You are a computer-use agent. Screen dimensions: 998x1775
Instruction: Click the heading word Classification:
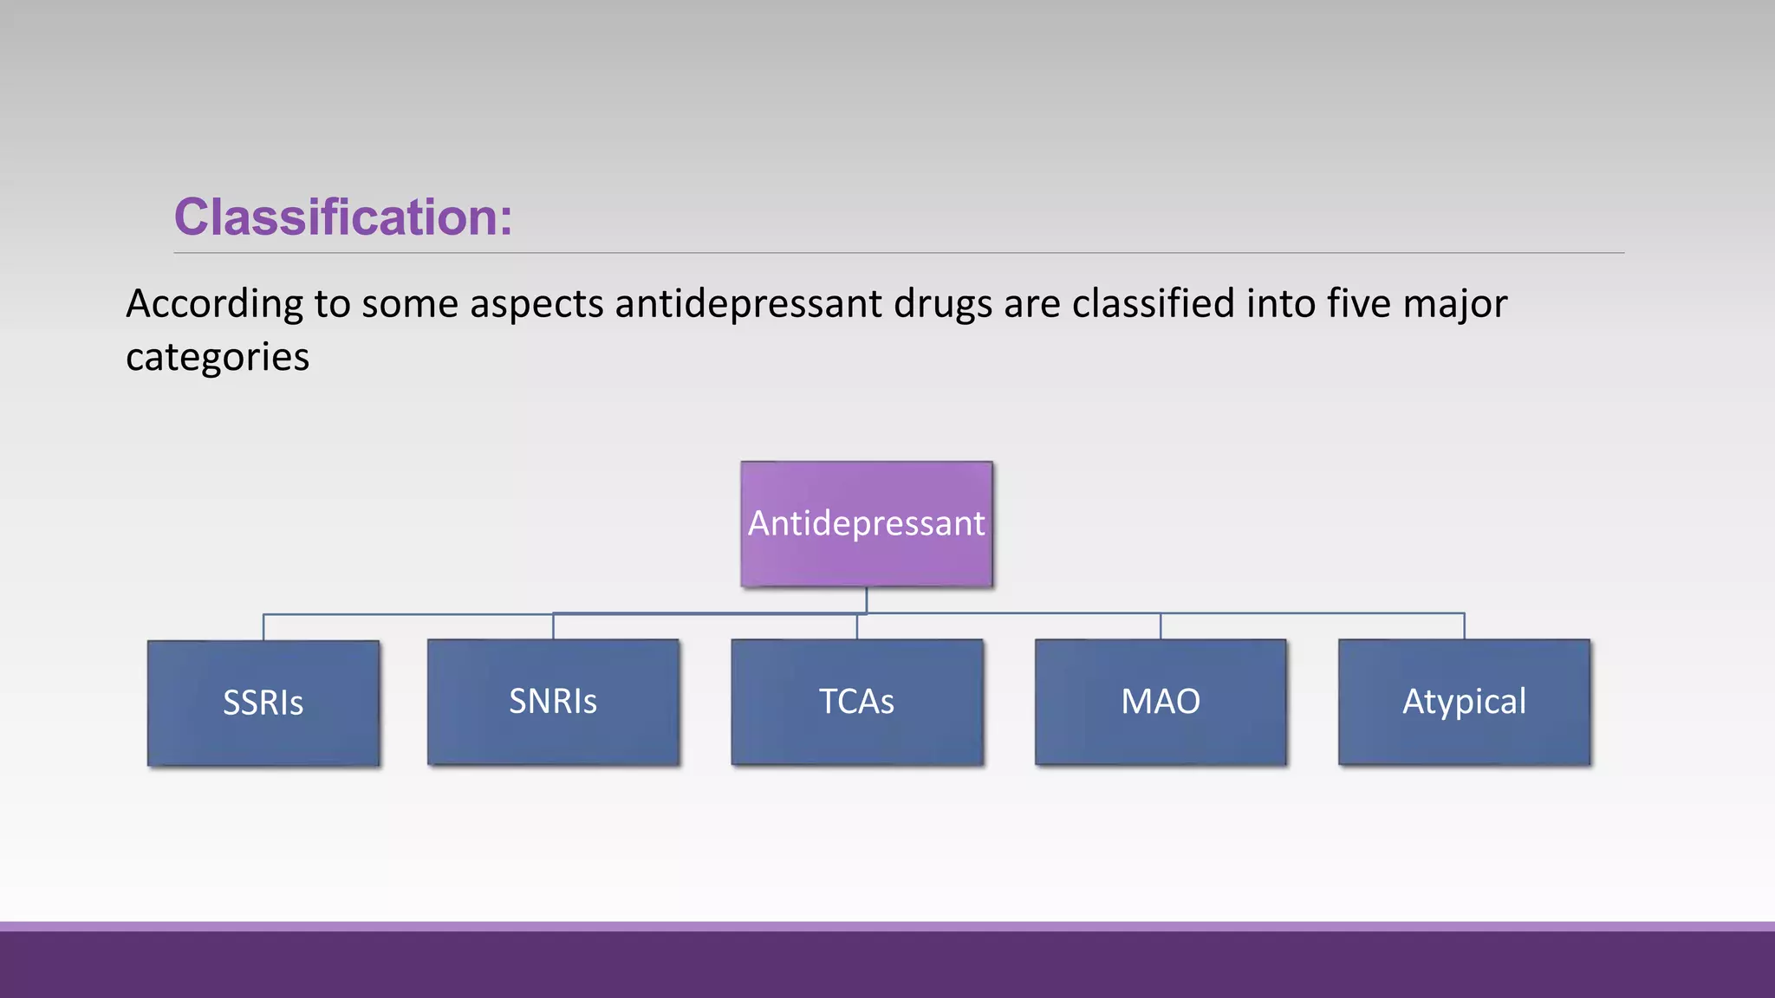click(x=343, y=217)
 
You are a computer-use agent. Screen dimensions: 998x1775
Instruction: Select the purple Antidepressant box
click(x=866, y=523)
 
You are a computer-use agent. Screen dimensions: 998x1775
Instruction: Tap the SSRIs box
click(x=263, y=703)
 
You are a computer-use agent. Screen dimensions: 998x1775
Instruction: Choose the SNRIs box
click(x=553, y=702)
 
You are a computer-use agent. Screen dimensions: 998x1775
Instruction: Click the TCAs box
click(x=857, y=702)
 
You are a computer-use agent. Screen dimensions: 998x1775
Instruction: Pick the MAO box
click(x=1161, y=702)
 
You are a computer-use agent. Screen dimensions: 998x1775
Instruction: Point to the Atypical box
click(x=1464, y=702)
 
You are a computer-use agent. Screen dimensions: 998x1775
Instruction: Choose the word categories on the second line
click(x=218, y=357)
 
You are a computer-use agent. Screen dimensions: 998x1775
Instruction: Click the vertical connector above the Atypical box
click(x=1464, y=626)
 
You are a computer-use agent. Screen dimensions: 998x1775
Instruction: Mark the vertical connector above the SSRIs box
click(x=263, y=627)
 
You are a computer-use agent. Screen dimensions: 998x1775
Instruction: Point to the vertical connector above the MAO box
click(x=1161, y=626)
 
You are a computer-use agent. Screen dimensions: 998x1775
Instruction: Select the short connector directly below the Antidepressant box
click(x=866, y=599)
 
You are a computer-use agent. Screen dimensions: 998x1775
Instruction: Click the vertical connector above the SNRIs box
click(x=553, y=626)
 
